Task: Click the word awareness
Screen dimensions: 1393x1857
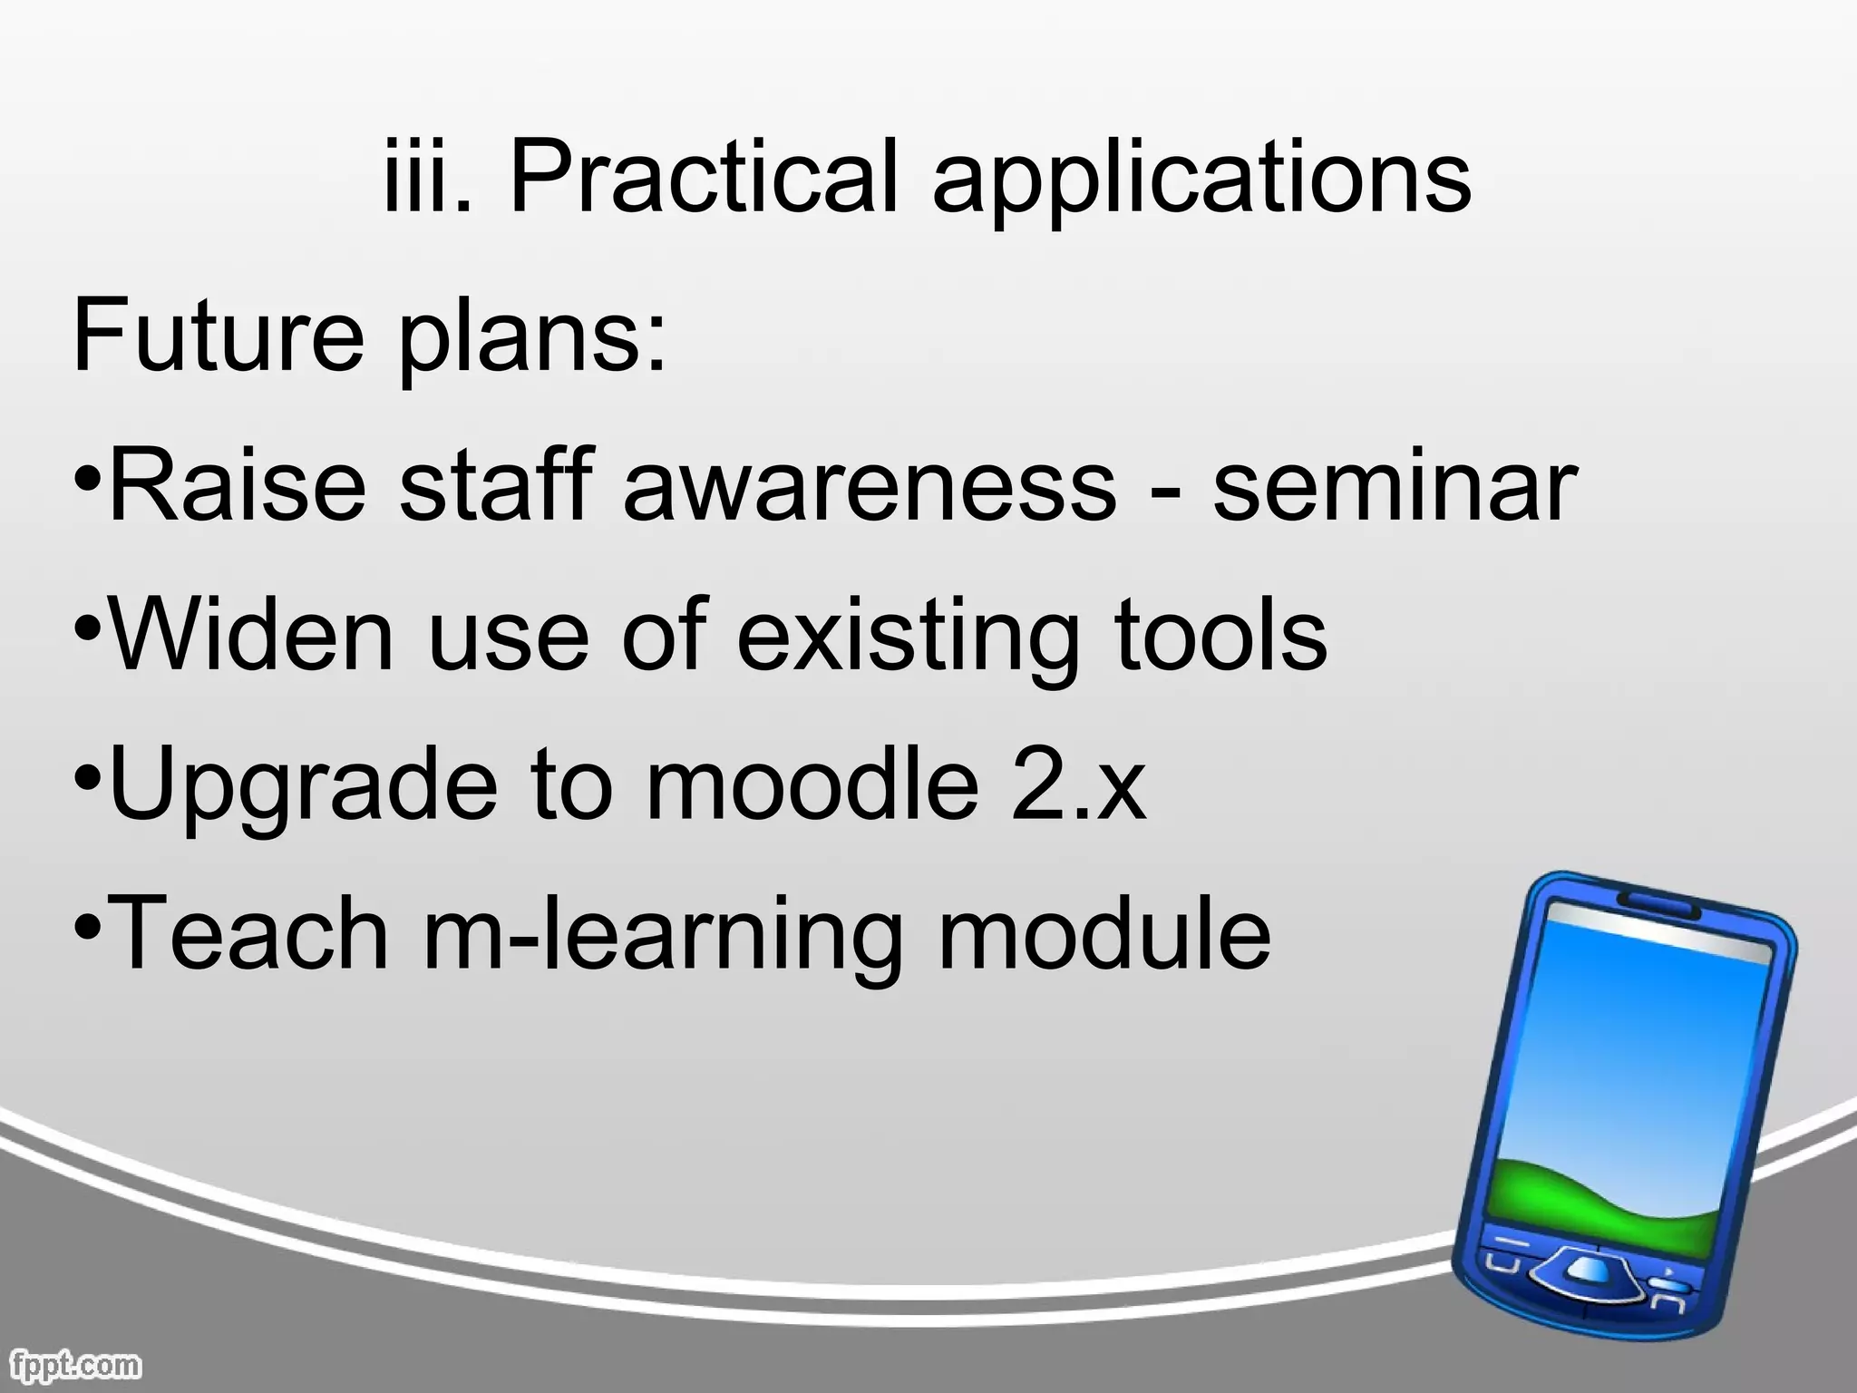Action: (x=870, y=488)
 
